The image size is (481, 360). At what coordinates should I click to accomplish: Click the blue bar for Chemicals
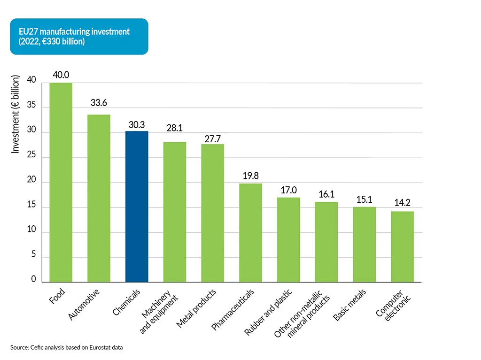pyautogui.click(x=137, y=207)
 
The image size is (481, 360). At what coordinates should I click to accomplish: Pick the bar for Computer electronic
pyautogui.click(x=402, y=246)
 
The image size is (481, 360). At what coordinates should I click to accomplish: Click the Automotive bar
pyautogui.click(x=99, y=198)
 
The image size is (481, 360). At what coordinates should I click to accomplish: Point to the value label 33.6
pyautogui.click(x=99, y=103)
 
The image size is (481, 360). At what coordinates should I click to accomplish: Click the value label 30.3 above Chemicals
pyautogui.click(x=137, y=125)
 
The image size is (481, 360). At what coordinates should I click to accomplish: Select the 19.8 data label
pyautogui.click(x=250, y=176)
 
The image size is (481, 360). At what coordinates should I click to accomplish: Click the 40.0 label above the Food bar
pyautogui.click(x=61, y=75)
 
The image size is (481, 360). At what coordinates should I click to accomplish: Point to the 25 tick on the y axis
pyautogui.click(x=31, y=158)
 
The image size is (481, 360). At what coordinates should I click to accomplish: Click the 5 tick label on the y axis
pyautogui.click(x=33, y=257)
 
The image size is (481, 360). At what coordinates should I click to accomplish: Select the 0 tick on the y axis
pyautogui.click(x=33, y=279)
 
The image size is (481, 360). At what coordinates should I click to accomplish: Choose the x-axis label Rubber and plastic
pyautogui.click(x=268, y=312)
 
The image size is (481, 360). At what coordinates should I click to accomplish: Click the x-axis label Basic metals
pyautogui.click(x=349, y=305)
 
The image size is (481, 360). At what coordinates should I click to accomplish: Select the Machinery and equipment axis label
pyautogui.click(x=159, y=312)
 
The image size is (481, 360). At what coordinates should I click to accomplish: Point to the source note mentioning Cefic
pyautogui.click(x=67, y=348)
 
